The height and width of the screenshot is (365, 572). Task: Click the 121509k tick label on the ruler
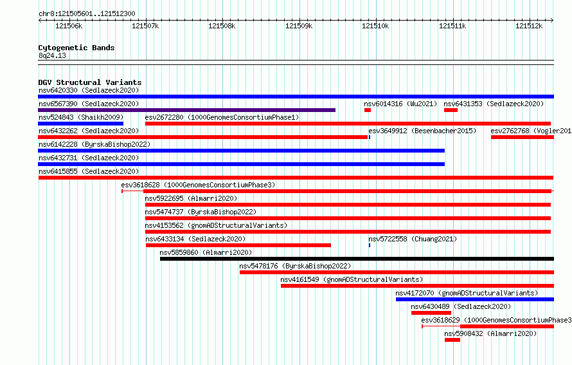tap(299, 26)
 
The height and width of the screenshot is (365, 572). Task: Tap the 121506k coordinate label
tap(69, 26)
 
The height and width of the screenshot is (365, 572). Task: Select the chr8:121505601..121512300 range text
tap(87, 14)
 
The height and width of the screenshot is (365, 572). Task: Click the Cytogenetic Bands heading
tap(76, 48)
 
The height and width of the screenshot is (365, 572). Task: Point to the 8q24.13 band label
tap(52, 55)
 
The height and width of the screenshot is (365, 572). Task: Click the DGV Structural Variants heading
tap(90, 82)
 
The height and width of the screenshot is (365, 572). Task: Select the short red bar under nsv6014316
tap(368, 110)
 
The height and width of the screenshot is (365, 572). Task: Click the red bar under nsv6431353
tap(451, 110)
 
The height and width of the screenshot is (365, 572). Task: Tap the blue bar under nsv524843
tap(80, 124)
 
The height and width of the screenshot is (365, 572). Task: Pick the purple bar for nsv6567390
tap(187, 110)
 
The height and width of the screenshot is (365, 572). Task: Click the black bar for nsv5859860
tap(357, 259)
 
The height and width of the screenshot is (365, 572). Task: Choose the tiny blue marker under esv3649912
tap(370, 137)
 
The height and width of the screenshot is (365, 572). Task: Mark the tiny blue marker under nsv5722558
tap(370, 245)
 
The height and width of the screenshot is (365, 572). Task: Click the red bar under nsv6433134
tap(238, 245)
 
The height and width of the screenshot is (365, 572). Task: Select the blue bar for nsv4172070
tap(475, 299)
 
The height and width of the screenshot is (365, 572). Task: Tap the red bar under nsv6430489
tap(431, 313)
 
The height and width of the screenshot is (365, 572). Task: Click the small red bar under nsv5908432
tap(452, 340)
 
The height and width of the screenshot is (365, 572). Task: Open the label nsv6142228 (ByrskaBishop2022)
tap(94, 144)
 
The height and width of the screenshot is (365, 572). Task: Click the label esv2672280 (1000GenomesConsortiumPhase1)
tap(222, 117)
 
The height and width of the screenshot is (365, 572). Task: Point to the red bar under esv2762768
tap(523, 137)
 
